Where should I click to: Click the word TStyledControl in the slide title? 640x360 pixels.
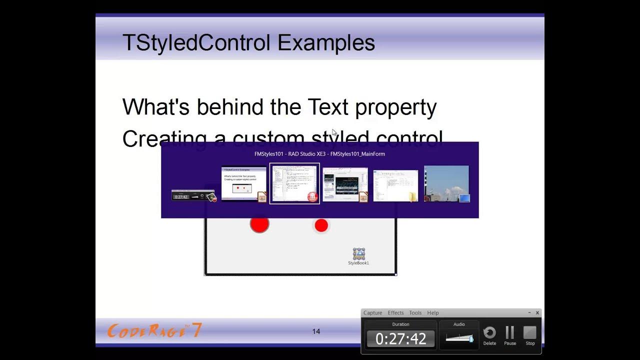(196, 43)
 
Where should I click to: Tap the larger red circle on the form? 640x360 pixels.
(259, 224)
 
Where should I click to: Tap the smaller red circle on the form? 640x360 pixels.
(321, 225)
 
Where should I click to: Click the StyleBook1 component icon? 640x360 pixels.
(358, 253)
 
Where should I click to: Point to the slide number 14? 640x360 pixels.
(316, 331)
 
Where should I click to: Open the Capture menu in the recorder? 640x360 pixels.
(372, 313)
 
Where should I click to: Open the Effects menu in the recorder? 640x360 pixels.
(395, 313)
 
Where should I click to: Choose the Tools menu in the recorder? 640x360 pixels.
(415, 313)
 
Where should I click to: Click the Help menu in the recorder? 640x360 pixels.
(433, 313)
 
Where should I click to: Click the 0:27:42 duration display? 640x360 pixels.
(400, 339)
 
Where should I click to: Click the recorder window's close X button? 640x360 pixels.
(537, 313)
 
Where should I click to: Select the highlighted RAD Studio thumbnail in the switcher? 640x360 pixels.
(294, 183)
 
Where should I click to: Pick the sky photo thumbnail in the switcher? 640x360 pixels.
(446, 183)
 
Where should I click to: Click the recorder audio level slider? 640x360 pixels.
(459, 338)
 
